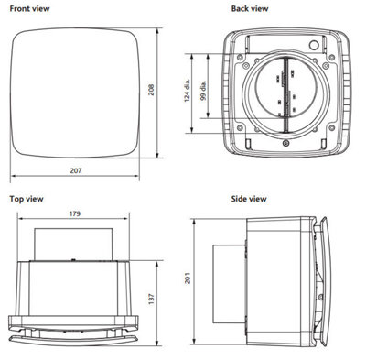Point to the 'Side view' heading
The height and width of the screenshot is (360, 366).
tap(249, 198)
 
